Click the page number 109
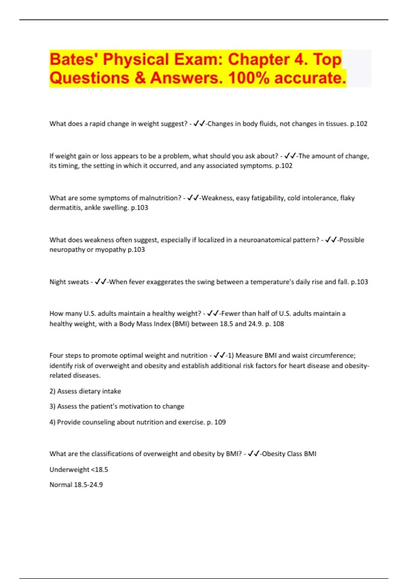[x=220, y=422]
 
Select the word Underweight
[x=69, y=470]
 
